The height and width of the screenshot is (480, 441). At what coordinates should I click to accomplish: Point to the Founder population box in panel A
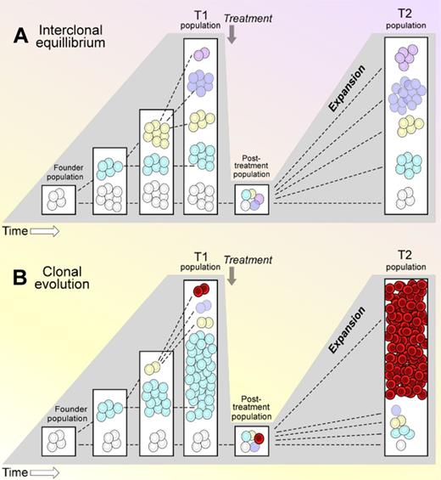click(59, 200)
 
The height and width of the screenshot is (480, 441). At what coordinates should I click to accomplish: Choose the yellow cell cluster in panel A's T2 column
click(411, 126)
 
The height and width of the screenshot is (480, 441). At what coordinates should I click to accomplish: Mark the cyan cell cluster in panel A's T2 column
click(411, 161)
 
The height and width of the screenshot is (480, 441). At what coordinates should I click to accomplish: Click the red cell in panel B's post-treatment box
click(260, 438)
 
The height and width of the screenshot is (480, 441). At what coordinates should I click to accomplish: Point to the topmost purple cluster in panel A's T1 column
click(200, 54)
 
